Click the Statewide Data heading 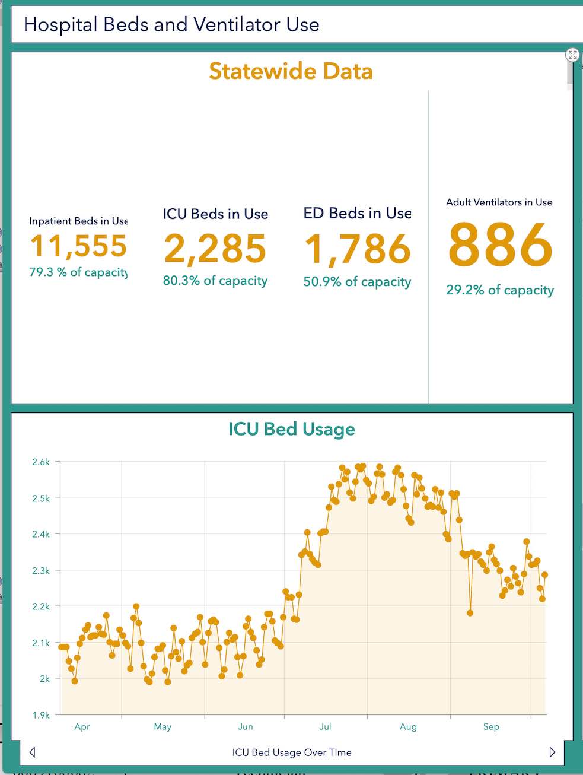tap(291, 71)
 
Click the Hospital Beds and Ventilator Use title tap(171, 24)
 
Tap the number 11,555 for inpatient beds tap(78, 246)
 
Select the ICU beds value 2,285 tap(215, 248)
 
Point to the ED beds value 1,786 tap(357, 249)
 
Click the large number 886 tap(500, 245)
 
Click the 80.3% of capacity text tap(215, 281)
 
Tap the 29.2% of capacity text tap(500, 290)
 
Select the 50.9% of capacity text tap(357, 282)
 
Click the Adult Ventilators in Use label tap(499, 202)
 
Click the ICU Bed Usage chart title tap(292, 429)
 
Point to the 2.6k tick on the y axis tap(41, 462)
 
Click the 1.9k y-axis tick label tap(41, 715)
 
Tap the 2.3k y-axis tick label tap(41, 570)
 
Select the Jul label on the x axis tap(325, 726)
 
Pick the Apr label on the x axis tap(82, 726)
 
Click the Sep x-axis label tap(491, 726)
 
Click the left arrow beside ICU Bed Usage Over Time tap(32, 752)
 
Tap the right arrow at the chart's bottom tap(552, 752)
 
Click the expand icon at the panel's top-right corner tap(572, 55)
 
